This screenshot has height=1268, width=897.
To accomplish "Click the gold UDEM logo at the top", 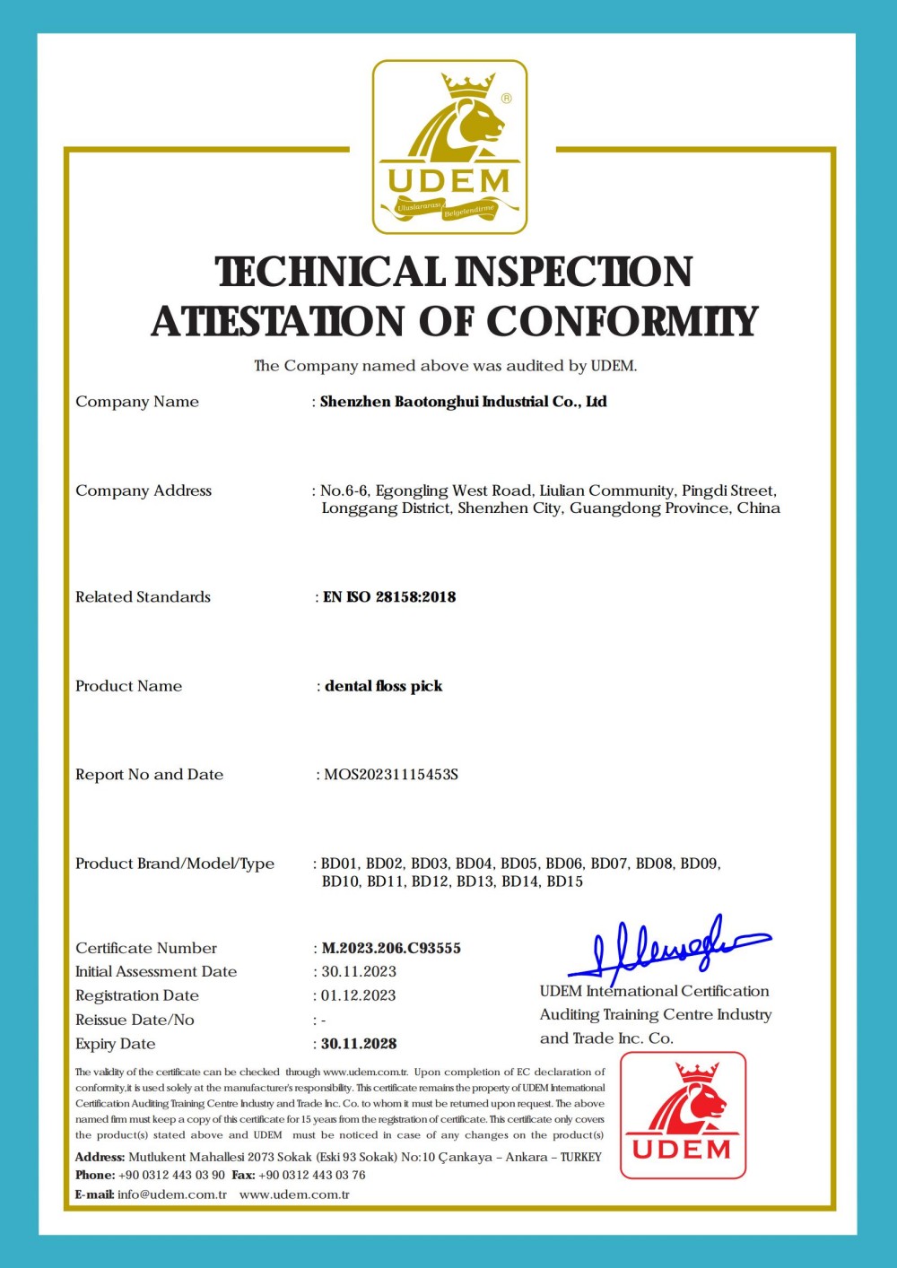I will point(449,147).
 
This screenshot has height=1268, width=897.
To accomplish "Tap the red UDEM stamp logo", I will point(683,1115).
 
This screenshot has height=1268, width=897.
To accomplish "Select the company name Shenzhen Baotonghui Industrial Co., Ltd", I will point(463,402).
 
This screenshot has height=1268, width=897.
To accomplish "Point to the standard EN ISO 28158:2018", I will point(389,597).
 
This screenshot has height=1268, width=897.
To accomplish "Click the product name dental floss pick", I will point(383,686).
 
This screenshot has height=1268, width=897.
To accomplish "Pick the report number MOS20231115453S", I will point(390,775).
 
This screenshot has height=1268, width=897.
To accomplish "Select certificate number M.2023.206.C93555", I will point(391,948).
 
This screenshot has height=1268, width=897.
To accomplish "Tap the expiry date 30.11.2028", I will point(359,1044).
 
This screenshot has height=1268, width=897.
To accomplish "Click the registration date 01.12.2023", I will point(359,995).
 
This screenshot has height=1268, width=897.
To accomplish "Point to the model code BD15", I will point(564,882).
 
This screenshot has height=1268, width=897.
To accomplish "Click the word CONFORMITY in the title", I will point(623,322).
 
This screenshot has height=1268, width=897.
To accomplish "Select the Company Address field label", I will point(144,491).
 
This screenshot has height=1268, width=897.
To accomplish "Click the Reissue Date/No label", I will point(135,1020).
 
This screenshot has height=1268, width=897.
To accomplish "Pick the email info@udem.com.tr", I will point(171,1194).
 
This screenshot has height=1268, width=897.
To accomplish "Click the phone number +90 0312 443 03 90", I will point(171,1175).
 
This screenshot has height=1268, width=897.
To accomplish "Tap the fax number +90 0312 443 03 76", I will point(311,1175).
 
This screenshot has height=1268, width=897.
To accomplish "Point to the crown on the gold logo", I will point(468,87).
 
